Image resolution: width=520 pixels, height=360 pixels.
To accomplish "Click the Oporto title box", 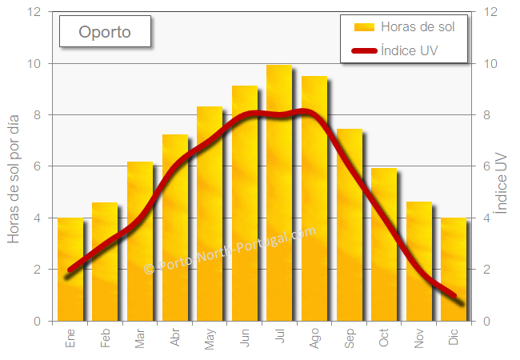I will pos(105,33).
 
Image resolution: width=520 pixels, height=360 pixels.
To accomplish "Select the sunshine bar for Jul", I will pos(279,192).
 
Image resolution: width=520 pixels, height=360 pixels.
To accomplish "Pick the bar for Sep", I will pos(349,224).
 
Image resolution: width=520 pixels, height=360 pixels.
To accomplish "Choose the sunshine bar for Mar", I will pos(140,240).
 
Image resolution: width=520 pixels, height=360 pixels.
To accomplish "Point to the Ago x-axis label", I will pos(314,338).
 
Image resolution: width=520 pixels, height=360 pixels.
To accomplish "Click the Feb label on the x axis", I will pos(106,338).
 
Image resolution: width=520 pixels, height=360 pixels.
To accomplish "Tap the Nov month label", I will pos(419,338).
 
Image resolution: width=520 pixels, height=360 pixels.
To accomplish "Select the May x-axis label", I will pos(210,338).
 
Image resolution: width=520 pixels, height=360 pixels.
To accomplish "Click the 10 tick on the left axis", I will pos(34,63).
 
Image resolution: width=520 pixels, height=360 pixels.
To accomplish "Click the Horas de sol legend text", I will pos(418,27).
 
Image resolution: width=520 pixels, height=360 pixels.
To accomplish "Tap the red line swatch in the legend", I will pos(364,52).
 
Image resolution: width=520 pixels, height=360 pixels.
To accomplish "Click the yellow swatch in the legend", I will pos(364,27).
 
